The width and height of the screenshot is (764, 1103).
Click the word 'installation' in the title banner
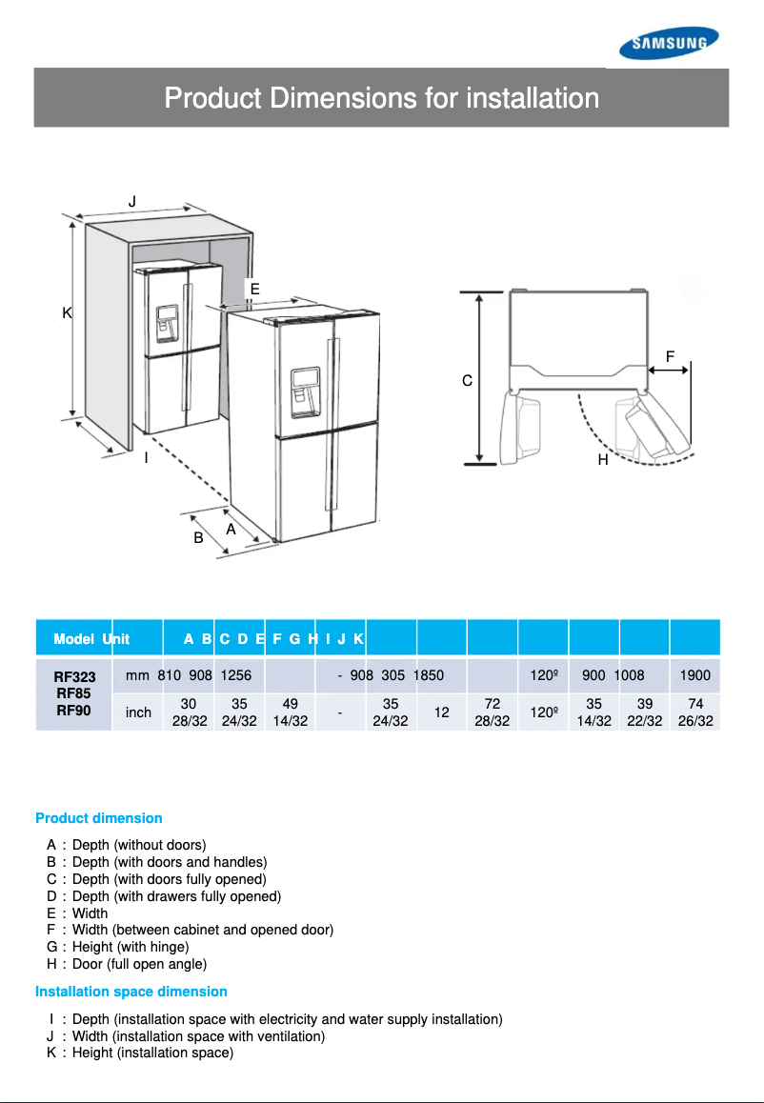[x=533, y=98]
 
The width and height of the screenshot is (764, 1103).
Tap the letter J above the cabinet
[x=132, y=201]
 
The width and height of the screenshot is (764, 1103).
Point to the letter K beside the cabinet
[x=67, y=312]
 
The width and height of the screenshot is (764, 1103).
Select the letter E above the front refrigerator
[x=254, y=288]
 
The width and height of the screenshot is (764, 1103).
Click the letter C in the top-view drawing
[x=467, y=380]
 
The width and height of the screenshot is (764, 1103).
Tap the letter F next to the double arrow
[x=671, y=356]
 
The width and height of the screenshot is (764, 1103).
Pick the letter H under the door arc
[x=603, y=459]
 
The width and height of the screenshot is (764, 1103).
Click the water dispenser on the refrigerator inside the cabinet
[x=168, y=324]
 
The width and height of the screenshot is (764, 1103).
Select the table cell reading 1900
[x=695, y=675]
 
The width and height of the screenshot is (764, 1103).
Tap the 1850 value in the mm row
[x=429, y=675]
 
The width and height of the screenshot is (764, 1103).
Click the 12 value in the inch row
[x=442, y=712]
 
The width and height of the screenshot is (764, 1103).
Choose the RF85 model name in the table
[x=74, y=693]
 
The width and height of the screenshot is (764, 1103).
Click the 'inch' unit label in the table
[x=138, y=712]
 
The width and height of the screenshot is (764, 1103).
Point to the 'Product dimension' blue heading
[x=99, y=818]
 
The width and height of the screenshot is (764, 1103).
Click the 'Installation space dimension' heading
[x=131, y=992]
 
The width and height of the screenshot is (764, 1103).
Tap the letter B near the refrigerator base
[x=198, y=538]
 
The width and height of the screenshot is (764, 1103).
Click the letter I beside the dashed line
[x=146, y=458]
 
